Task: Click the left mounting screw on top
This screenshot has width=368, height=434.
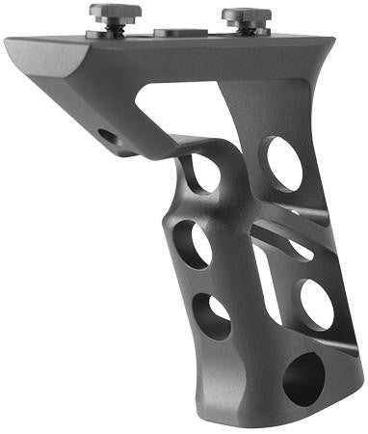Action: [116, 12]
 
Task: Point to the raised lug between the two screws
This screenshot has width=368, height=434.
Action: [180, 32]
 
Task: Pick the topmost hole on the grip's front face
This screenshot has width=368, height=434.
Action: [203, 172]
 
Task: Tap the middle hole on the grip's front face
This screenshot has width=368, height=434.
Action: [193, 244]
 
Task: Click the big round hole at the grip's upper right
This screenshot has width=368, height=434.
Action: [284, 162]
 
